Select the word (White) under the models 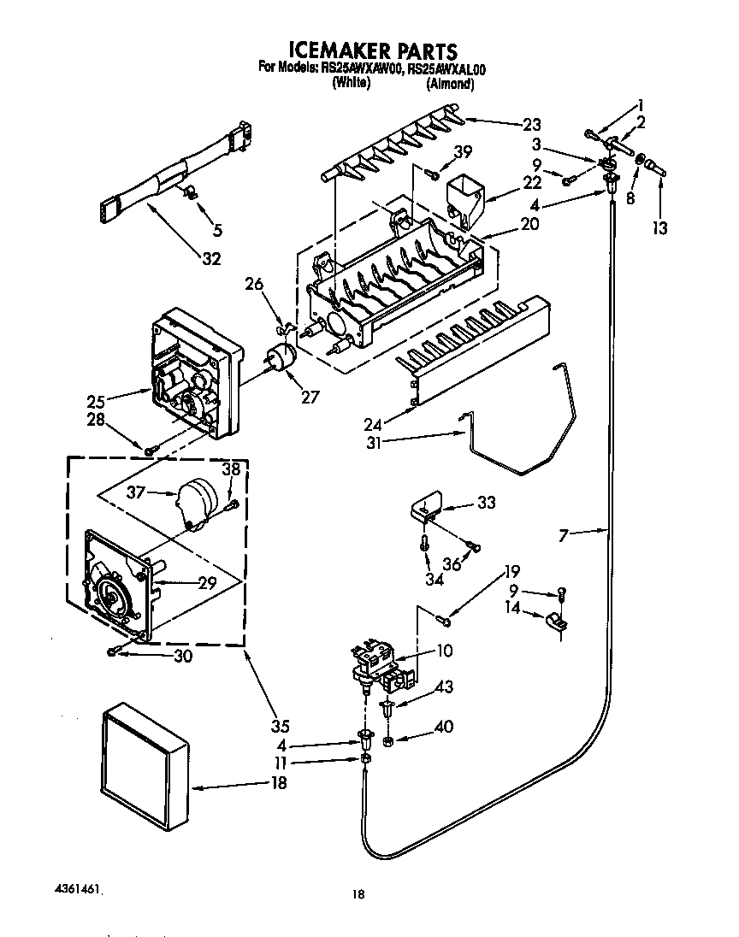[x=351, y=83]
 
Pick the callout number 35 [x=280, y=727]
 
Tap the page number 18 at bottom [x=358, y=894]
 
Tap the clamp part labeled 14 [x=557, y=622]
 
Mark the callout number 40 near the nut [x=443, y=728]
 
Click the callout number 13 [x=659, y=228]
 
